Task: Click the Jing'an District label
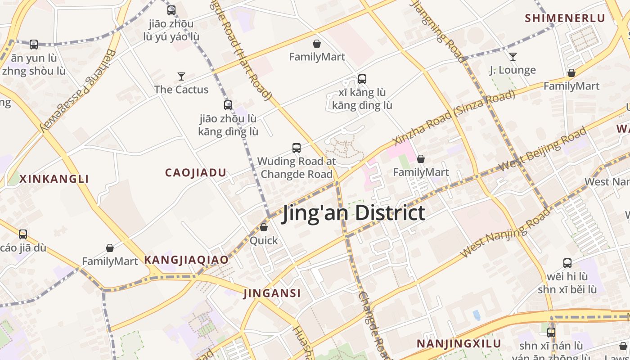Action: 353,213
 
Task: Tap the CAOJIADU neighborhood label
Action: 195,173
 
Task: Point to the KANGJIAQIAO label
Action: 186,260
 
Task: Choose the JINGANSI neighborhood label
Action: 272,293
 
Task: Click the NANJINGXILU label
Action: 459,344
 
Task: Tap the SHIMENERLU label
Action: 565,18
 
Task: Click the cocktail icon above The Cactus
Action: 181,76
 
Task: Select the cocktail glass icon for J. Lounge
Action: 513,57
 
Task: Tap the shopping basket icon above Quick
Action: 264,227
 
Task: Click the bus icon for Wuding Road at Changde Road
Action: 296,148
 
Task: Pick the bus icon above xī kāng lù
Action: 362,79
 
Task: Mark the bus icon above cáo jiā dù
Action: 23,234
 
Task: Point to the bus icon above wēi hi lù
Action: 567,263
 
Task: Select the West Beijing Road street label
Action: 542,149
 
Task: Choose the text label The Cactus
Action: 181,90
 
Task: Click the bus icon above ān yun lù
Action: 34,45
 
